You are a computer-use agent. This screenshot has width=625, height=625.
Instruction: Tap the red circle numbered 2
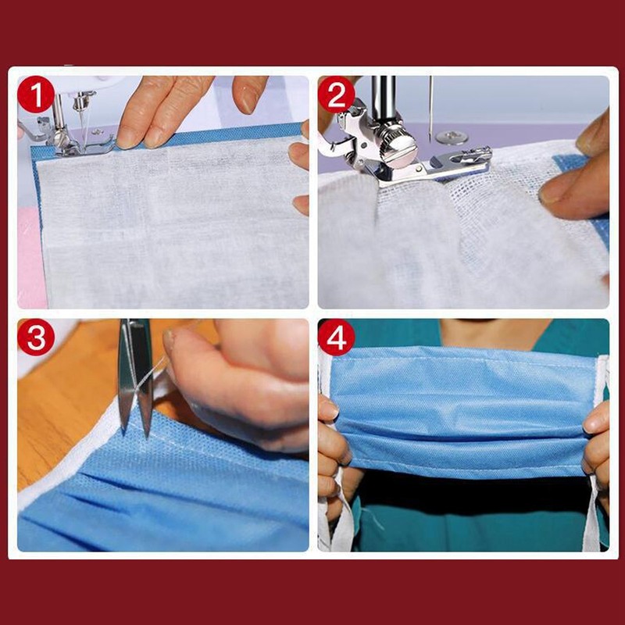(336, 96)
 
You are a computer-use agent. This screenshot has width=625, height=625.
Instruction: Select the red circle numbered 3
(36, 339)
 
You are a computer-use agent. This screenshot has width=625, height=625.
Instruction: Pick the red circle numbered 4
(336, 337)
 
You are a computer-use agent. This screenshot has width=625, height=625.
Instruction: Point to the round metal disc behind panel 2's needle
(452, 137)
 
